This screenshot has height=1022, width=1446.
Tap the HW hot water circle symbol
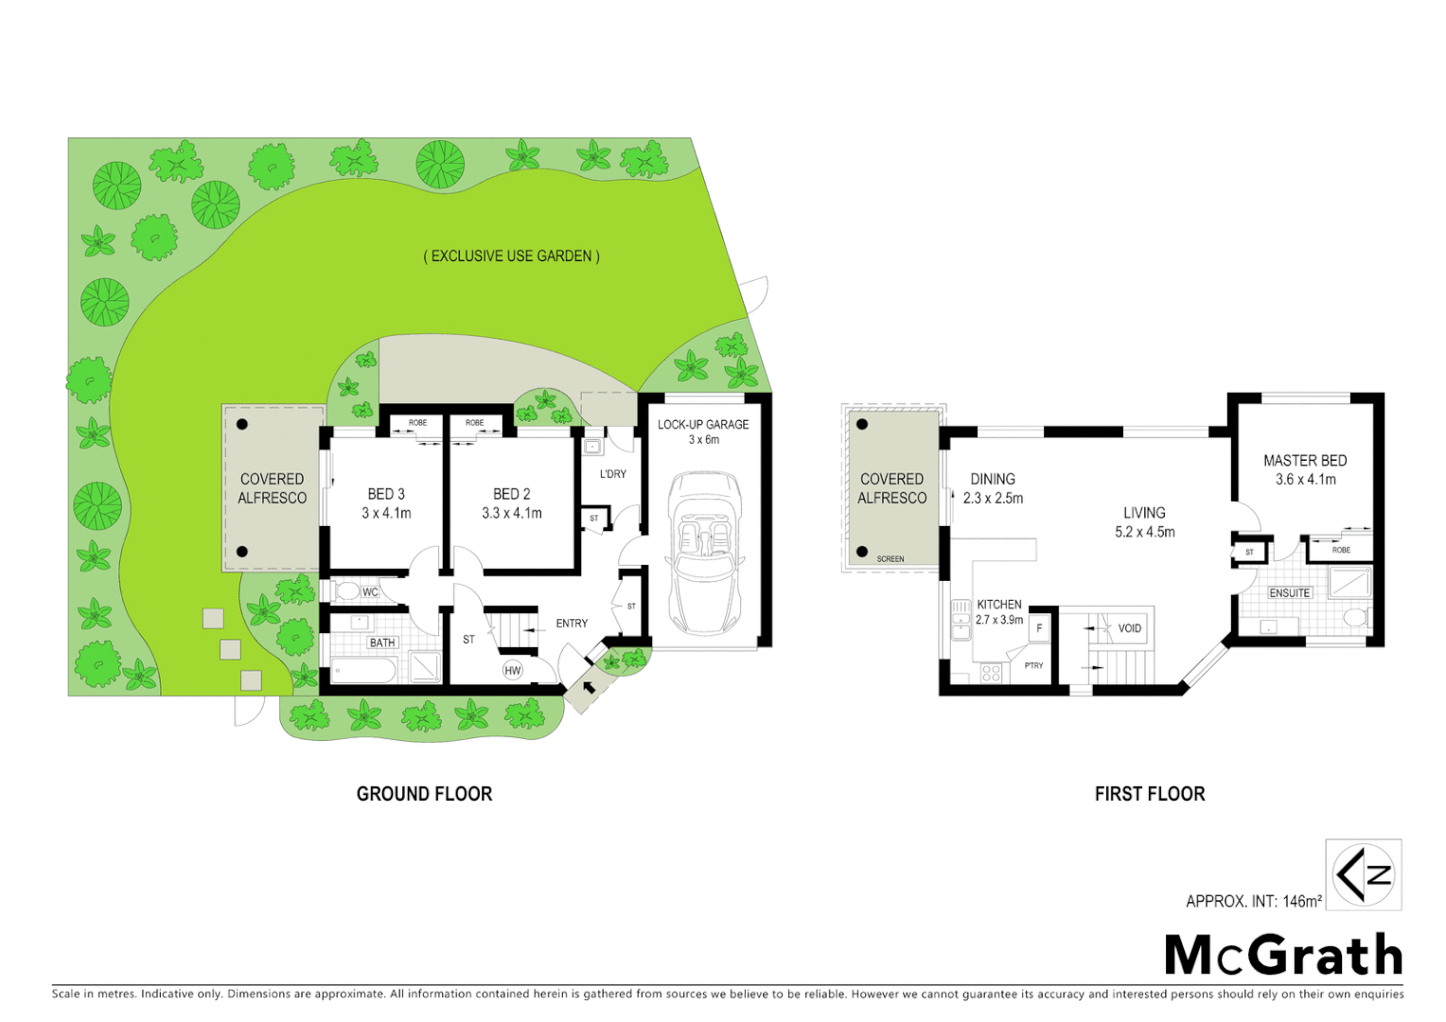pyautogui.click(x=512, y=670)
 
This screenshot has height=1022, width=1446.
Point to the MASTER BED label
pyautogui.click(x=1305, y=461)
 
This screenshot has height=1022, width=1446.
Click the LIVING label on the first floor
pyautogui.click(x=1144, y=513)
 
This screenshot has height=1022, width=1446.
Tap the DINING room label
pyautogui.click(x=993, y=480)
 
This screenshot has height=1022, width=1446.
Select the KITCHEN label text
pyautogui.click(x=999, y=604)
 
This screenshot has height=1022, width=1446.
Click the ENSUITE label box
pyautogui.click(x=1290, y=592)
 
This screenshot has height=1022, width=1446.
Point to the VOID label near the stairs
pyautogui.click(x=1130, y=628)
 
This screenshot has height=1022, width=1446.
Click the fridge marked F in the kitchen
pyautogui.click(x=1039, y=628)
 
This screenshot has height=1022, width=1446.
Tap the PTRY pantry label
pyautogui.click(x=1033, y=665)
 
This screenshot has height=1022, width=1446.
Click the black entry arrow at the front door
pyautogui.click(x=590, y=686)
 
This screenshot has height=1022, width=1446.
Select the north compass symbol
pyautogui.click(x=1363, y=874)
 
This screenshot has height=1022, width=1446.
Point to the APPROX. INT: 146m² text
pyautogui.click(x=1253, y=901)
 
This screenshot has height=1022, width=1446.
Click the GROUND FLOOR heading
pyautogui.click(x=424, y=794)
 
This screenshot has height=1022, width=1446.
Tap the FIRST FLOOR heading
pyautogui.click(x=1150, y=794)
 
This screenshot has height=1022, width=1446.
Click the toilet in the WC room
pyautogui.click(x=347, y=591)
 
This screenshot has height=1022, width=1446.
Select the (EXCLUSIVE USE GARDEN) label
pyautogui.click(x=511, y=255)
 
